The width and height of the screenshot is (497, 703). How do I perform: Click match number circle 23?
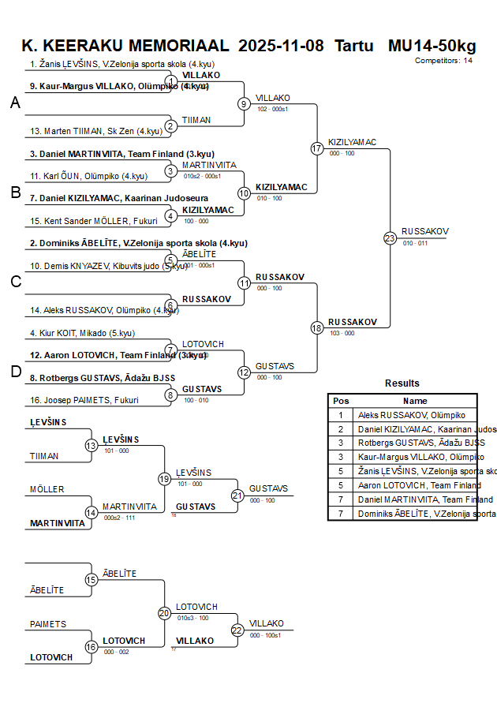point(390,237)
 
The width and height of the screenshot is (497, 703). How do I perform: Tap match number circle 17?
point(317,148)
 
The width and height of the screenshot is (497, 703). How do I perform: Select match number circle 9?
point(244,103)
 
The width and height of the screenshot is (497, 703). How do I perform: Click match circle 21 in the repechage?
point(237,495)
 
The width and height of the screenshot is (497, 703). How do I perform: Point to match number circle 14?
point(92,513)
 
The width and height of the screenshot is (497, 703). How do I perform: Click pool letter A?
point(15,103)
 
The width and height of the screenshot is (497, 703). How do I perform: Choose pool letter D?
point(15,372)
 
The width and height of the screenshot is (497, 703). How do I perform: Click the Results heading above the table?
point(402,383)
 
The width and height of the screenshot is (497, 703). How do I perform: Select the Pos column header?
point(341,401)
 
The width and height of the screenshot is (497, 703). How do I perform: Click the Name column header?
point(415,401)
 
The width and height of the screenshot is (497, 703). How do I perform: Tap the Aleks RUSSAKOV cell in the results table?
point(411,415)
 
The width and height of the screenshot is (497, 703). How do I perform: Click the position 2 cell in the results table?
point(341,429)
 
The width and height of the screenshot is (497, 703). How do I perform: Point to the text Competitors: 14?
point(443,60)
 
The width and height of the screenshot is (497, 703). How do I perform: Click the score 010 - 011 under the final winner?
point(415,244)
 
